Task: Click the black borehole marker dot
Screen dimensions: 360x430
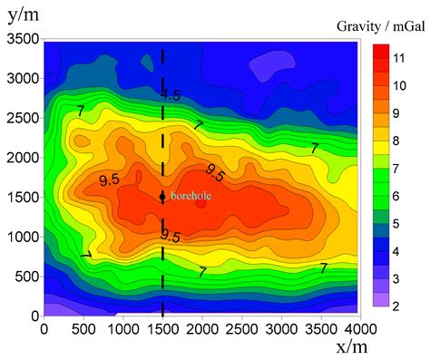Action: click(162, 197)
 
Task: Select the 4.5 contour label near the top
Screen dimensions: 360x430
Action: click(171, 94)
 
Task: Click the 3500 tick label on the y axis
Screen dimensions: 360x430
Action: click(22, 39)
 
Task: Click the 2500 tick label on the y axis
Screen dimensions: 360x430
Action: click(22, 118)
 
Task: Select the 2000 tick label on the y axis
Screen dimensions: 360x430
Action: click(22, 158)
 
